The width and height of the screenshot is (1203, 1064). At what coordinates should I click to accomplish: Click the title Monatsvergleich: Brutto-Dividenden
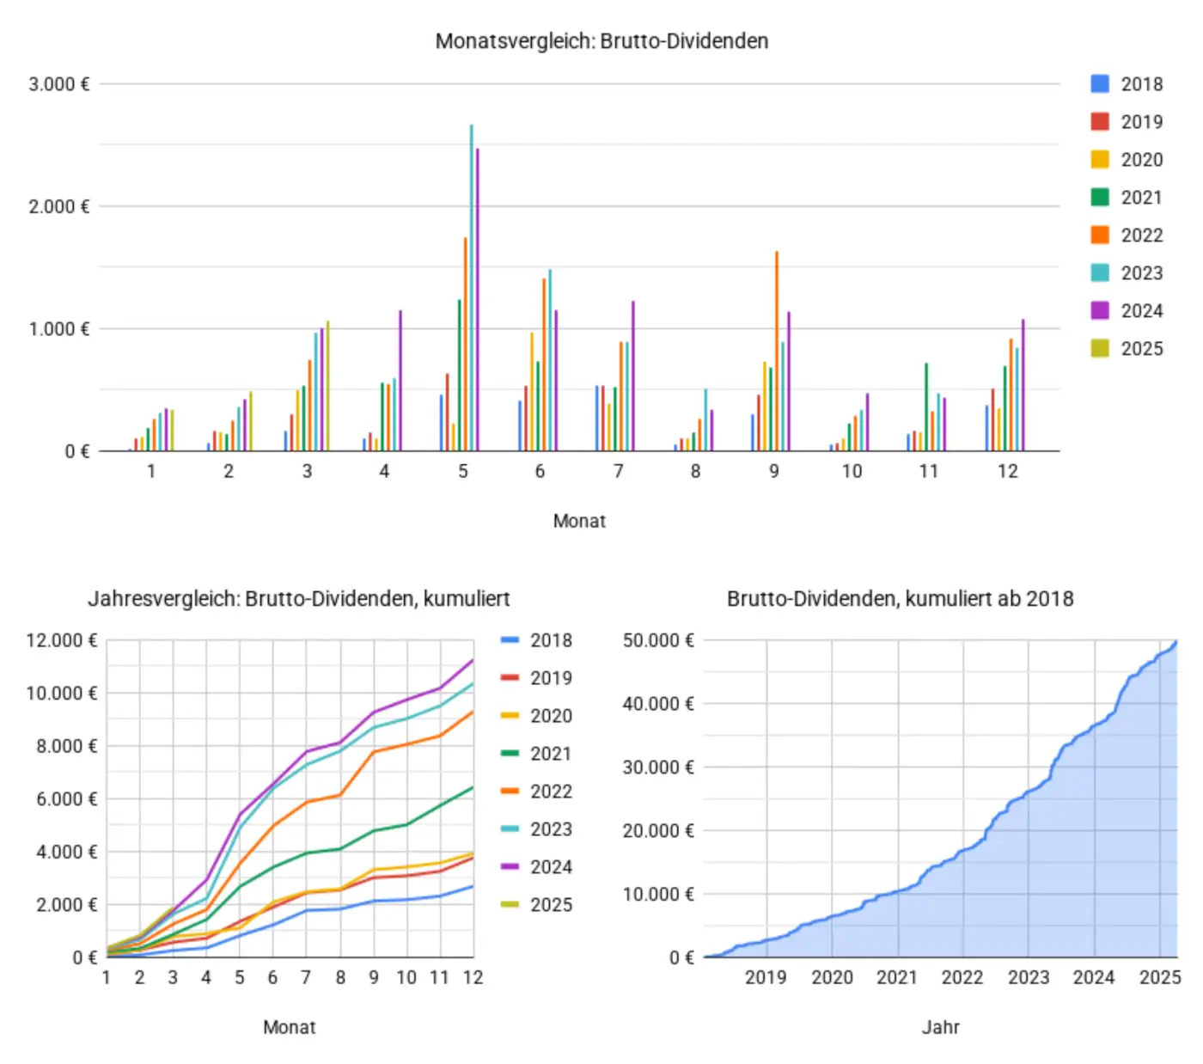click(x=601, y=41)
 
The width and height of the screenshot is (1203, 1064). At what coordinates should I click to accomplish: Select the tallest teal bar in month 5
click(x=471, y=292)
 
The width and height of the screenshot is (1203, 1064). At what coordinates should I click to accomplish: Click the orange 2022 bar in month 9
click(x=777, y=352)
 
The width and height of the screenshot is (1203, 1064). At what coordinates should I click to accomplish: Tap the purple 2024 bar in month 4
click(x=400, y=382)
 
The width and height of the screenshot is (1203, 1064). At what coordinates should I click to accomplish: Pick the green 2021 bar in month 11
click(x=926, y=408)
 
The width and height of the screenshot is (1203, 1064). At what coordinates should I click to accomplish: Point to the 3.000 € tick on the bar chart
click(x=59, y=84)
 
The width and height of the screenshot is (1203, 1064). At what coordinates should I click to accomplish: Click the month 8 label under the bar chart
click(x=695, y=471)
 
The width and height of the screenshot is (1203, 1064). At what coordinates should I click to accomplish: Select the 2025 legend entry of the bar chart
click(x=1127, y=348)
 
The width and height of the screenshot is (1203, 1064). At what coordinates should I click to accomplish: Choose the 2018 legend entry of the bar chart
click(x=1127, y=84)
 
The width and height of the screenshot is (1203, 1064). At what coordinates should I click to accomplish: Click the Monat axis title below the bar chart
click(x=579, y=521)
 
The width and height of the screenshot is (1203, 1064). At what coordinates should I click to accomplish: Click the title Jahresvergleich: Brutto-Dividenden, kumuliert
click(x=299, y=599)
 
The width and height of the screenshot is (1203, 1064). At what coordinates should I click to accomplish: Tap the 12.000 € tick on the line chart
click(x=62, y=640)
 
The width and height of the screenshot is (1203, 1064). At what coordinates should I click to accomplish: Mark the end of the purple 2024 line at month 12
click(x=473, y=660)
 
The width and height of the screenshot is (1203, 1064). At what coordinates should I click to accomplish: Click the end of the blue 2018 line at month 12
click(x=473, y=886)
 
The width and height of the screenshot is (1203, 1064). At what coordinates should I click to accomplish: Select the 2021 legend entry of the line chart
click(x=536, y=754)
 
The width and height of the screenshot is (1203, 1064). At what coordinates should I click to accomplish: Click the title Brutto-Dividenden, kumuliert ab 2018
click(x=900, y=599)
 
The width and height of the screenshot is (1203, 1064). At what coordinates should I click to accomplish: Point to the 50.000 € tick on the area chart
click(x=658, y=640)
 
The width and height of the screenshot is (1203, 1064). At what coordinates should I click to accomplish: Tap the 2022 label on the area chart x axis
click(x=962, y=977)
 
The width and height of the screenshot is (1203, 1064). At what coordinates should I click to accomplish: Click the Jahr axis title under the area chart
click(x=940, y=1027)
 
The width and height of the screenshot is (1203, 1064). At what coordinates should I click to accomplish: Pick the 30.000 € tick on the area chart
click(x=658, y=767)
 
